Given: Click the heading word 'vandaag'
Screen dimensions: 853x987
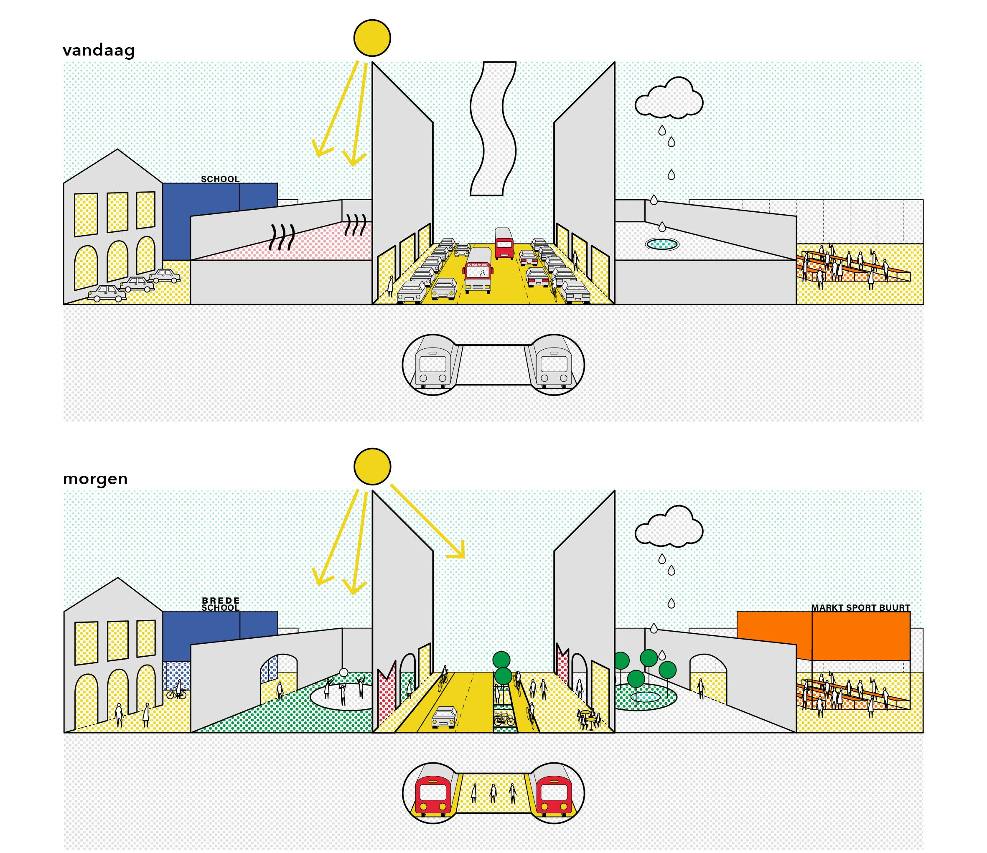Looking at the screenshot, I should click(x=99, y=50).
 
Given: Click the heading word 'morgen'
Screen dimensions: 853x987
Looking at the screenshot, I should click(x=95, y=479).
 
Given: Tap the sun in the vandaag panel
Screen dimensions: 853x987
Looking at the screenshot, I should click(x=372, y=38).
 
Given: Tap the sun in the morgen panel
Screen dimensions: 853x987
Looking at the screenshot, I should click(x=372, y=466).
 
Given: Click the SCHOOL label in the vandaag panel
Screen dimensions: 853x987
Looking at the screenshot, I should click(x=220, y=180).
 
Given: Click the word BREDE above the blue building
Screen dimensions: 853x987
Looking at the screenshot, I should click(x=221, y=601).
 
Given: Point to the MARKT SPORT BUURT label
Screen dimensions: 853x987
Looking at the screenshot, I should click(x=860, y=608).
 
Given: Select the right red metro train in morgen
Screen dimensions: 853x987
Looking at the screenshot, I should click(x=554, y=795).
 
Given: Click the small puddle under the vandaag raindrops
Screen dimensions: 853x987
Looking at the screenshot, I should click(x=661, y=244).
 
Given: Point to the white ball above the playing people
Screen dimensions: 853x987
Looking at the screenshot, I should click(x=343, y=673).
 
